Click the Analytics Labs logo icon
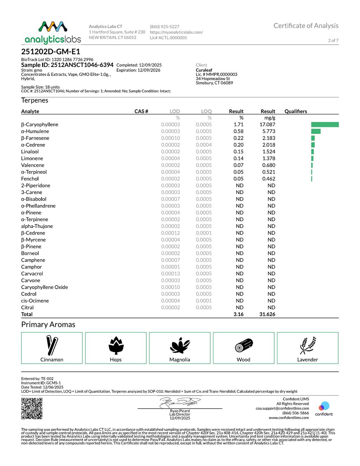53,27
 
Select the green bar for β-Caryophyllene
325,125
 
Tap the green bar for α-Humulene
316,131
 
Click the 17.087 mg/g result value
267,125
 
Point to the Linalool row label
30,152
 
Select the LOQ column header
206,111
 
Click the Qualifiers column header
296,111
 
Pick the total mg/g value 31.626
267,314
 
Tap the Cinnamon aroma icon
52,345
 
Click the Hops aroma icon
116,345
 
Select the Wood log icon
244,345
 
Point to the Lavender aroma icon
308,345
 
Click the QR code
32,408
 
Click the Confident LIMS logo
324,408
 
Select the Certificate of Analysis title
306,26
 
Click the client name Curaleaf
204,70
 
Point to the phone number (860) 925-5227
165,27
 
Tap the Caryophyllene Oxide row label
45,287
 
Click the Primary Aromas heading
48,324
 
